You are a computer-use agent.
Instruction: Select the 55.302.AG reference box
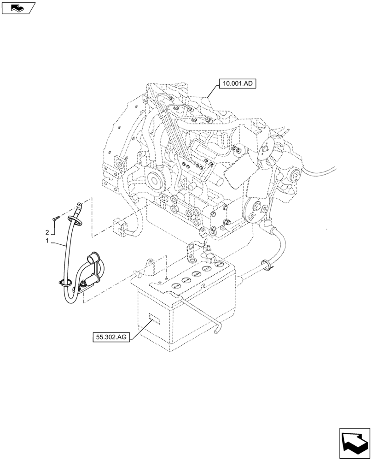coord(111,337)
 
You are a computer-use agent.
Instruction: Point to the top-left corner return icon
coord(18,7)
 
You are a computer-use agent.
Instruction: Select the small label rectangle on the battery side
coord(153,320)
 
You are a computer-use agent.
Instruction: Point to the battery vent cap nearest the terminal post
coord(220,265)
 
